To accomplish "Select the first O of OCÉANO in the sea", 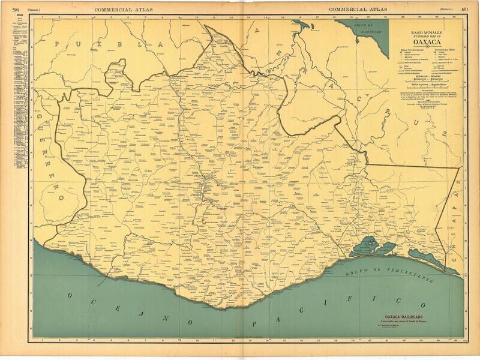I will coord(70,296).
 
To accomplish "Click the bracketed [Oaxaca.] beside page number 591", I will coord(446,9).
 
